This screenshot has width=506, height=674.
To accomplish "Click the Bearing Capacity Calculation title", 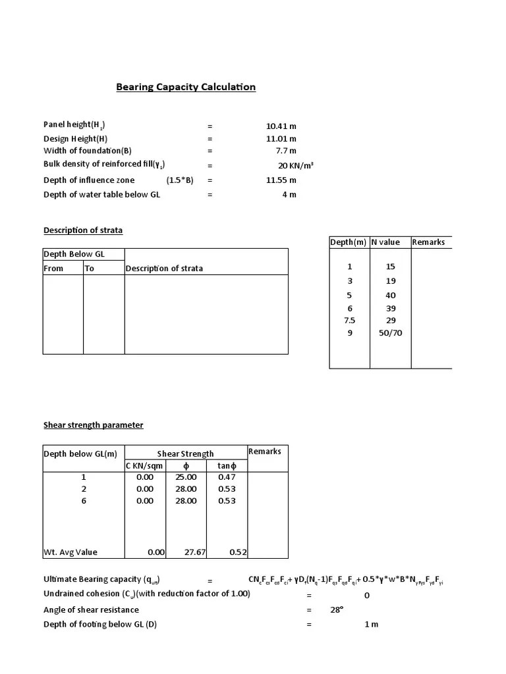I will [x=186, y=87].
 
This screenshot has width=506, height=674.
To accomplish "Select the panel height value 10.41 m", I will [x=281, y=125].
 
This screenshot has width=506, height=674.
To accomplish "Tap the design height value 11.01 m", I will [x=281, y=139].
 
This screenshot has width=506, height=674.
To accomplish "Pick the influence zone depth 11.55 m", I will [x=281, y=180].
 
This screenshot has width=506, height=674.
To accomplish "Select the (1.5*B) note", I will [x=179, y=180].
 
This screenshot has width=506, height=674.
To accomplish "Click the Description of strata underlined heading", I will [x=83, y=230].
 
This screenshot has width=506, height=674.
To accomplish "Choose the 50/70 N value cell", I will [x=390, y=333].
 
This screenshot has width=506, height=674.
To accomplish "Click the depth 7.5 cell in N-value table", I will [x=350, y=321].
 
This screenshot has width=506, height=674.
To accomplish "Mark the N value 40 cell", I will [x=391, y=296].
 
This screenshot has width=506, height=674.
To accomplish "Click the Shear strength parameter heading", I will [x=93, y=425].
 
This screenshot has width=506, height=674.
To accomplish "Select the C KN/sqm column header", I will [x=144, y=466].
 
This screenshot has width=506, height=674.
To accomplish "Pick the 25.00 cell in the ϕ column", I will [x=186, y=477].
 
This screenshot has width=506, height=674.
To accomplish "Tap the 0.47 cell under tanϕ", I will [x=227, y=477].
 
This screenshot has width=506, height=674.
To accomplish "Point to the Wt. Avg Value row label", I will [x=70, y=553].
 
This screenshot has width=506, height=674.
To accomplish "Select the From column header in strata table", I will [x=53, y=269].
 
